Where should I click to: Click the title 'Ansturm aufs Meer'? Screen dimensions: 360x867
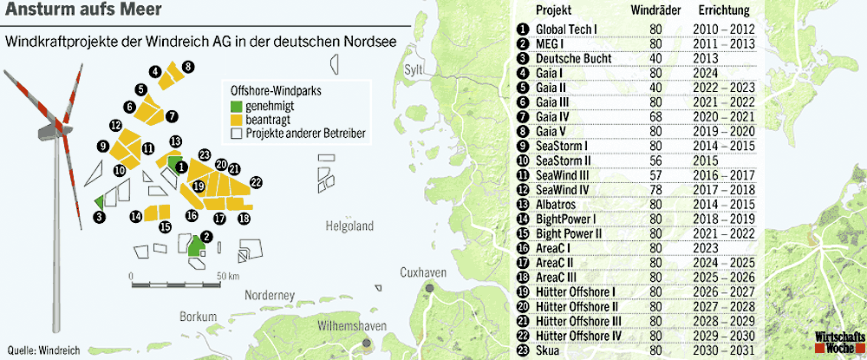[x=65, y=13]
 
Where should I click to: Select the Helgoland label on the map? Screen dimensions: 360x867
[x=349, y=226]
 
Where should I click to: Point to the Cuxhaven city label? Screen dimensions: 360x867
[x=422, y=272]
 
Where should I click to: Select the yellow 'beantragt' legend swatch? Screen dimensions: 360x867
[x=235, y=119]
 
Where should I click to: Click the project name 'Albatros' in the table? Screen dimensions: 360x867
[x=557, y=204]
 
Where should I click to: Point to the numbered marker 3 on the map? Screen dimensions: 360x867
[x=100, y=217]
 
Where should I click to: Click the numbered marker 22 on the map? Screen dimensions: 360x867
[x=256, y=181]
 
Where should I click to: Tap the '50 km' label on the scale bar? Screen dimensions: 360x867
[x=228, y=275]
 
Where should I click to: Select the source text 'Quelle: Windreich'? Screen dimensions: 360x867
[x=43, y=350]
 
